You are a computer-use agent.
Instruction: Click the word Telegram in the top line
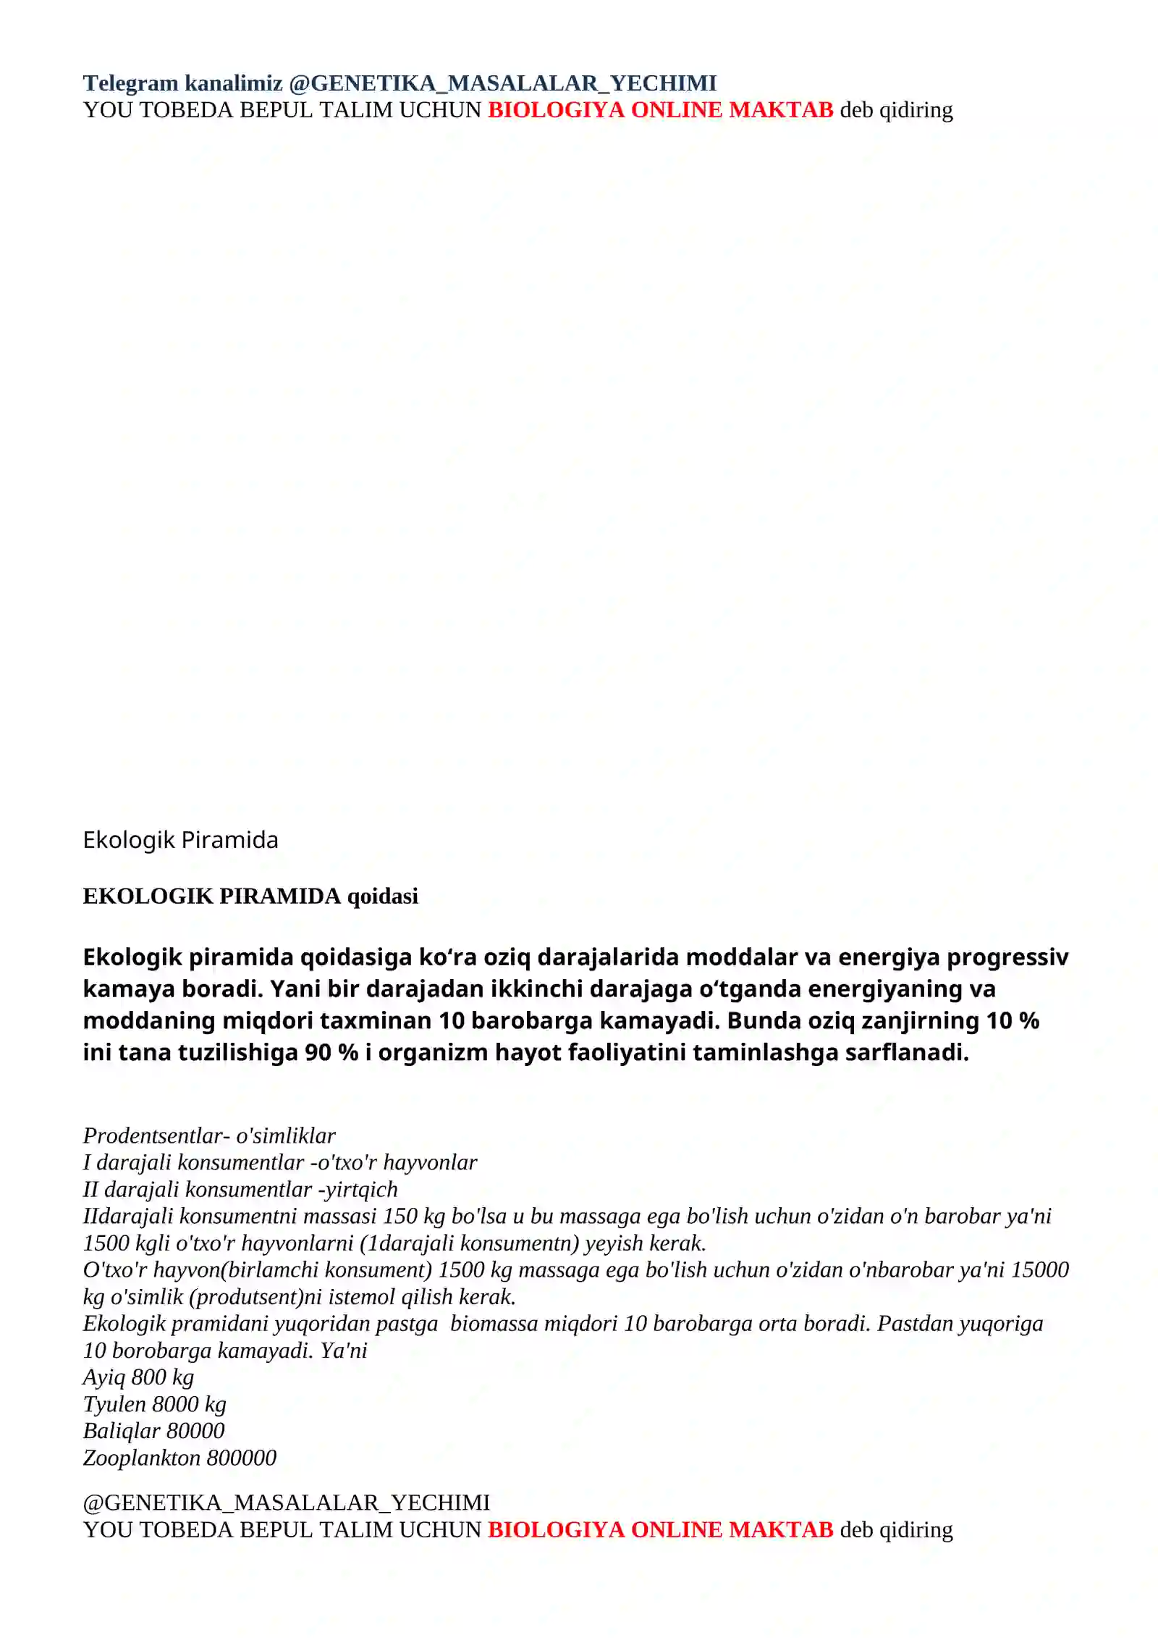(130, 83)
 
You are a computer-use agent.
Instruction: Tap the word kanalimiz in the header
(233, 83)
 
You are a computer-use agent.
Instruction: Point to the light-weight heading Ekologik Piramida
(180, 840)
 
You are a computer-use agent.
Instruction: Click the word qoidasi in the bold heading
(382, 896)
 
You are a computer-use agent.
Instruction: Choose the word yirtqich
(361, 1189)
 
